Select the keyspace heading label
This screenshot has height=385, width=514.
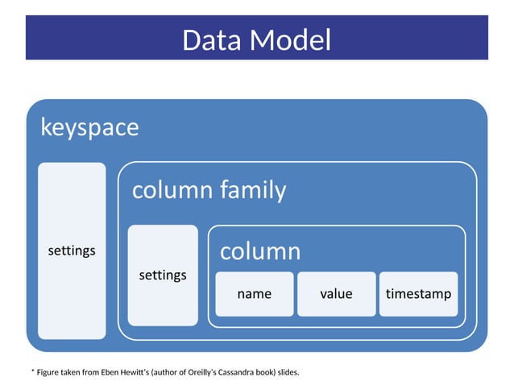click(x=89, y=127)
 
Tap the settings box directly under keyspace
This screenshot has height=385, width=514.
click(x=72, y=250)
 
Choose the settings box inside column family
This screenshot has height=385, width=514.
click(x=163, y=275)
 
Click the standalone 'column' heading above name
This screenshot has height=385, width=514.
click(x=260, y=251)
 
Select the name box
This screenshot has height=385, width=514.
click(x=254, y=294)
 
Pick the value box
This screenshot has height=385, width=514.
click(x=336, y=294)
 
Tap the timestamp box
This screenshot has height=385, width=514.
click(x=418, y=294)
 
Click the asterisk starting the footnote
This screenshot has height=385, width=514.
click(x=33, y=371)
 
